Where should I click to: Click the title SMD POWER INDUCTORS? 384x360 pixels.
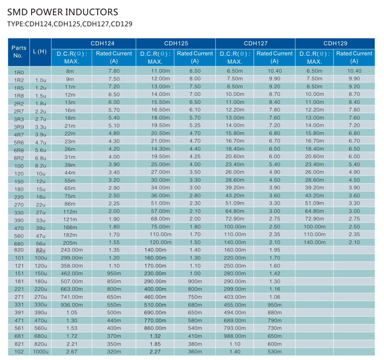(62, 12)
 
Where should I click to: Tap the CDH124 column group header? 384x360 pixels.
(102, 43)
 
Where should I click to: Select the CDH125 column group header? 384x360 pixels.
(176, 43)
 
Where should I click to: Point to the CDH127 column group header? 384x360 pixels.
(256, 43)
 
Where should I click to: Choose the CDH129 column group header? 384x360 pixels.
(335, 43)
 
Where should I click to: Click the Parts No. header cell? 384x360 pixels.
(19, 52)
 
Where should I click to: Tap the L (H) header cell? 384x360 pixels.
(40, 51)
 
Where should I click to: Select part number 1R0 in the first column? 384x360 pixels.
(19, 72)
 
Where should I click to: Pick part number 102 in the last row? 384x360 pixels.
(19, 351)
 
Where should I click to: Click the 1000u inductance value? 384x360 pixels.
(41, 351)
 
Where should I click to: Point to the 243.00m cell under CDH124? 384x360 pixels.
(71, 250)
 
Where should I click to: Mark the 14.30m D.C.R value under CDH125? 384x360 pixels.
(160, 149)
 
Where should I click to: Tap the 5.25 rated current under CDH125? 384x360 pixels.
(195, 125)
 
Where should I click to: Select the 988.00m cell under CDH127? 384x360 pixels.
(235, 336)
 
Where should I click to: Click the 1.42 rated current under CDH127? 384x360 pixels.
(274, 274)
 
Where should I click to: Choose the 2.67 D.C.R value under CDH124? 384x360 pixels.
(72, 351)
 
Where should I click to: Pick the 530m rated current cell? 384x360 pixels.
(274, 351)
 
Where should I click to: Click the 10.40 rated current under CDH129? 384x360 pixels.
(354, 71)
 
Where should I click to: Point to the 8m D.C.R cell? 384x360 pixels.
(70, 71)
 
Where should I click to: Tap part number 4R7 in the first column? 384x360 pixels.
(19, 135)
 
